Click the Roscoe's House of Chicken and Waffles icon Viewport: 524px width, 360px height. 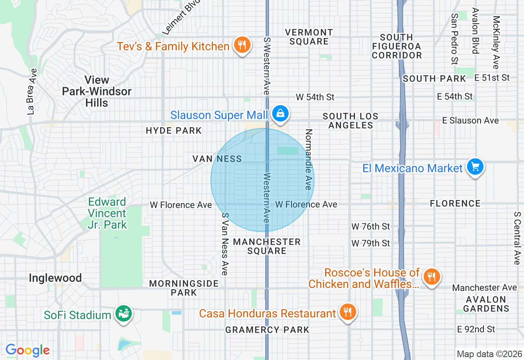click(431, 277)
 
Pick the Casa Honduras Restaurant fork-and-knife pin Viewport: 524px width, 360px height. click(348, 312)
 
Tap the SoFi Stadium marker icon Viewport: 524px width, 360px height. click(123, 314)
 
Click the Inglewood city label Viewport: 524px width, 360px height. click(55, 278)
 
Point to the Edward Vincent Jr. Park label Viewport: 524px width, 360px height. click(107, 213)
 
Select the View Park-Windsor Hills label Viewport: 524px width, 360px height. click(97, 91)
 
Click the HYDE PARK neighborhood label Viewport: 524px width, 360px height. click(174, 131)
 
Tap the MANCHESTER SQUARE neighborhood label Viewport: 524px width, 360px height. click(267, 246)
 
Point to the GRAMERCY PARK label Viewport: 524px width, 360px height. click(267, 330)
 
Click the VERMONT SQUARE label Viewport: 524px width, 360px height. click(309, 37)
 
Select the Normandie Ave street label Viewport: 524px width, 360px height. click(309, 160)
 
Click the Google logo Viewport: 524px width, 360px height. click(27, 351)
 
